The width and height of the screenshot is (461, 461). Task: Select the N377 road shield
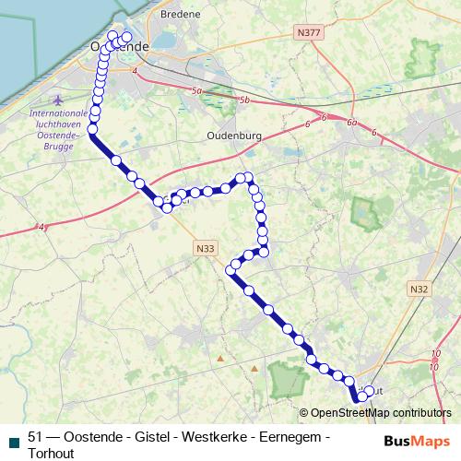[310, 31]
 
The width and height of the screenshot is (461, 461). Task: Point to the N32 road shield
[419, 289]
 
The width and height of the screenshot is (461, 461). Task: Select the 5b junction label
[244, 99]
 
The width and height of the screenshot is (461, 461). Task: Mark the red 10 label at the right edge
[455, 364]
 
